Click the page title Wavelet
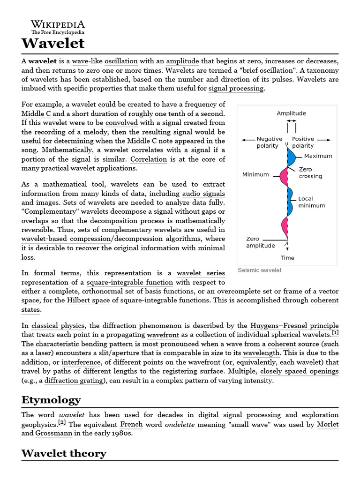[x=53, y=44]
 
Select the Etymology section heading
[x=51, y=400]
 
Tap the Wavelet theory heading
[x=64, y=453]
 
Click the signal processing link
[x=236, y=88]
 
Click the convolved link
[x=121, y=123]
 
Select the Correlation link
[x=149, y=159]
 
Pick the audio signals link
[x=203, y=194]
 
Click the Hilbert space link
[x=88, y=300]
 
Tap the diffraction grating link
[x=73, y=380]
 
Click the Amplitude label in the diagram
[x=291, y=113]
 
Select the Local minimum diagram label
[x=311, y=202]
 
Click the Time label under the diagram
[x=287, y=257]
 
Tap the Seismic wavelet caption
[x=260, y=270]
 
